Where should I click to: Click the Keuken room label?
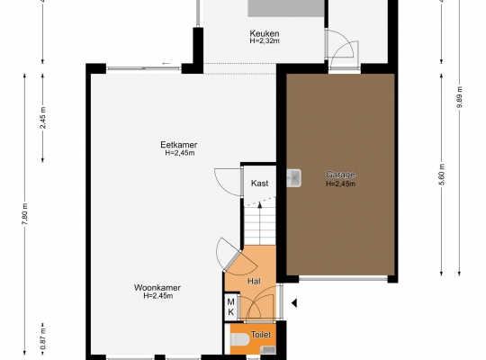click(x=265, y=33)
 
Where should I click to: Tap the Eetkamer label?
click(x=179, y=145)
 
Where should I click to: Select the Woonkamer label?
click(x=157, y=288)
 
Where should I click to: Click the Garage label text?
click(x=340, y=175)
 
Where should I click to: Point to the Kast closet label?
click(x=259, y=184)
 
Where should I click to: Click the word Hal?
click(x=254, y=281)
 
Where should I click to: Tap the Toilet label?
click(x=261, y=335)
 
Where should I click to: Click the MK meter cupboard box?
click(x=231, y=307)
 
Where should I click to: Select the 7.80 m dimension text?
click(x=25, y=214)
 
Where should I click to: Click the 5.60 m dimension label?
click(x=442, y=175)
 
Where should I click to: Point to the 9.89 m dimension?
click(x=459, y=97)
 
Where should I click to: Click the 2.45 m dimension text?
click(x=43, y=118)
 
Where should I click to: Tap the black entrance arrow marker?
click(x=294, y=303)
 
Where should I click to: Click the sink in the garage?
click(x=293, y=178)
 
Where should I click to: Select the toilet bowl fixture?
click(x=240, y=339)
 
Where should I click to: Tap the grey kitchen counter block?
click(x=285, y=8)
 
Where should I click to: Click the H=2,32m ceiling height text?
click(x=265, y=40)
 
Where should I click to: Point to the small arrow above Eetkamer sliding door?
click(x=166, y=64)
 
